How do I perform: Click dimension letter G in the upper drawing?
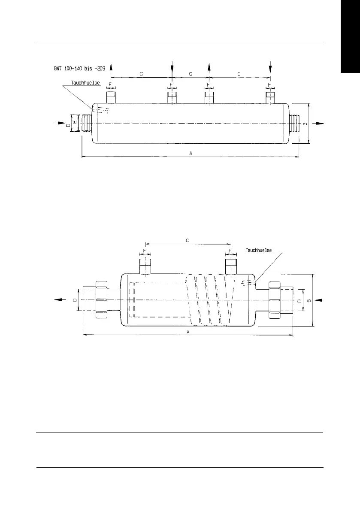pos(191,74)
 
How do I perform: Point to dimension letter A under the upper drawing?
pos(191,153)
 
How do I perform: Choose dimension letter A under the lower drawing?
pos(188,332)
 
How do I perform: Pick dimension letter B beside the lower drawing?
pos(309,300)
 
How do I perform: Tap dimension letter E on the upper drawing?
pos(74,122)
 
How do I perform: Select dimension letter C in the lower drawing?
pos(188,240)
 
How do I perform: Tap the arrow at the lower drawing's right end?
pos(320,299)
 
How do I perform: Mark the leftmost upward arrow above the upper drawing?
pos(111,67)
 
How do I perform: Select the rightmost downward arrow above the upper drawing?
pos(270,67)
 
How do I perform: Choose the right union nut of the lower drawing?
pos(274,300)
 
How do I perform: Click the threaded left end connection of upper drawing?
pos(86,123)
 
